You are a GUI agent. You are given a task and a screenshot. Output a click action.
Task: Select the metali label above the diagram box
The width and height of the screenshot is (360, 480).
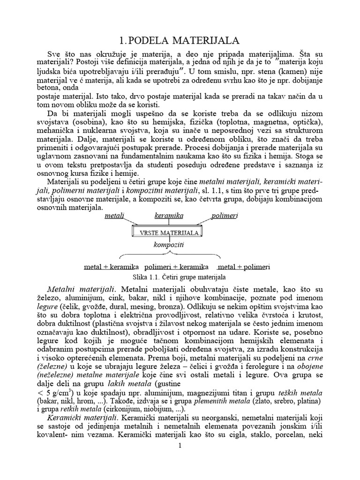pyautogui.click(x=114, y=215)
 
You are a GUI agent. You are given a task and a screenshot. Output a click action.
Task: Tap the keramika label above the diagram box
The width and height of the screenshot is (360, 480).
pyautogui.click(x=169, y=215)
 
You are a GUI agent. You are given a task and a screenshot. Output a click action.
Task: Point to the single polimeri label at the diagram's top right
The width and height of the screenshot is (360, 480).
pyautogui.click(x=225, y=215)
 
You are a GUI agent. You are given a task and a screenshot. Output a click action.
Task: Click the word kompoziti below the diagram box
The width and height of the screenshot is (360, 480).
pyautogui.click(x=169, y=244)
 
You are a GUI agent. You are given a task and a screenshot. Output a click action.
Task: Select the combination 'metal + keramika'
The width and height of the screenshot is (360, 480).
pyautogui.click(x=111, y=267)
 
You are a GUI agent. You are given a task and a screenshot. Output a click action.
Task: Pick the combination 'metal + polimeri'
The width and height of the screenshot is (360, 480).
pyautogui.click(x=244, y=267)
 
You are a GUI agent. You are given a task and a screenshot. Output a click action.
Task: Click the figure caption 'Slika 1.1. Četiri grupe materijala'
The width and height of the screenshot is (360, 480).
pyautogui.click(x=180, y=277)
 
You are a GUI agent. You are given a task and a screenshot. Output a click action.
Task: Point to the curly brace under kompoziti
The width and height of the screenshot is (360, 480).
pyautogui.click(x=169, y=256)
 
